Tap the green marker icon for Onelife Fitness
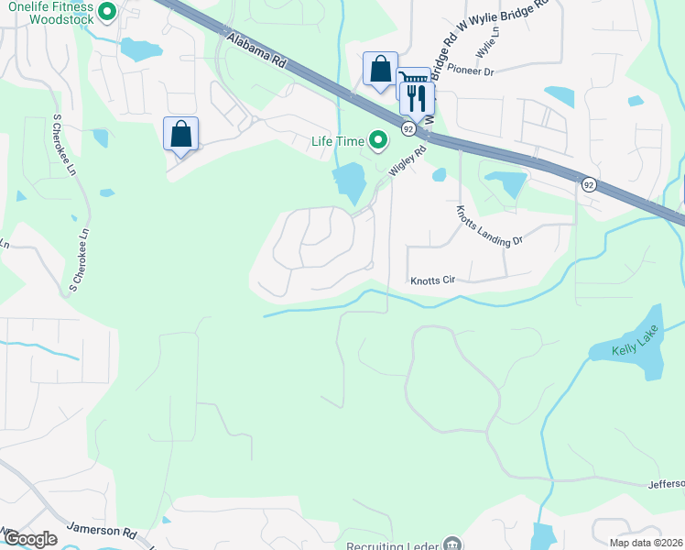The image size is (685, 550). pyautogui.click(x=107, y=13)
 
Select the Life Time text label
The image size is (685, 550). pyautogui.click(x=337, y=140)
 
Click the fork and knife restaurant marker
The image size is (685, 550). pyautogui.click(x=418, y=97)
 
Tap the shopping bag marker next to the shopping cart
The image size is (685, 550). pyautogui.click(x=380, y=69)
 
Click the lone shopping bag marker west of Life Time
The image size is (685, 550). pyautogui.click(x=181, y=134)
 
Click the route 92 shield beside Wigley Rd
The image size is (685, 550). pyautogui.click(x=408, y=131)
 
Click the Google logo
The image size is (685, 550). pyautogui.click(x=29, y=539)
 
